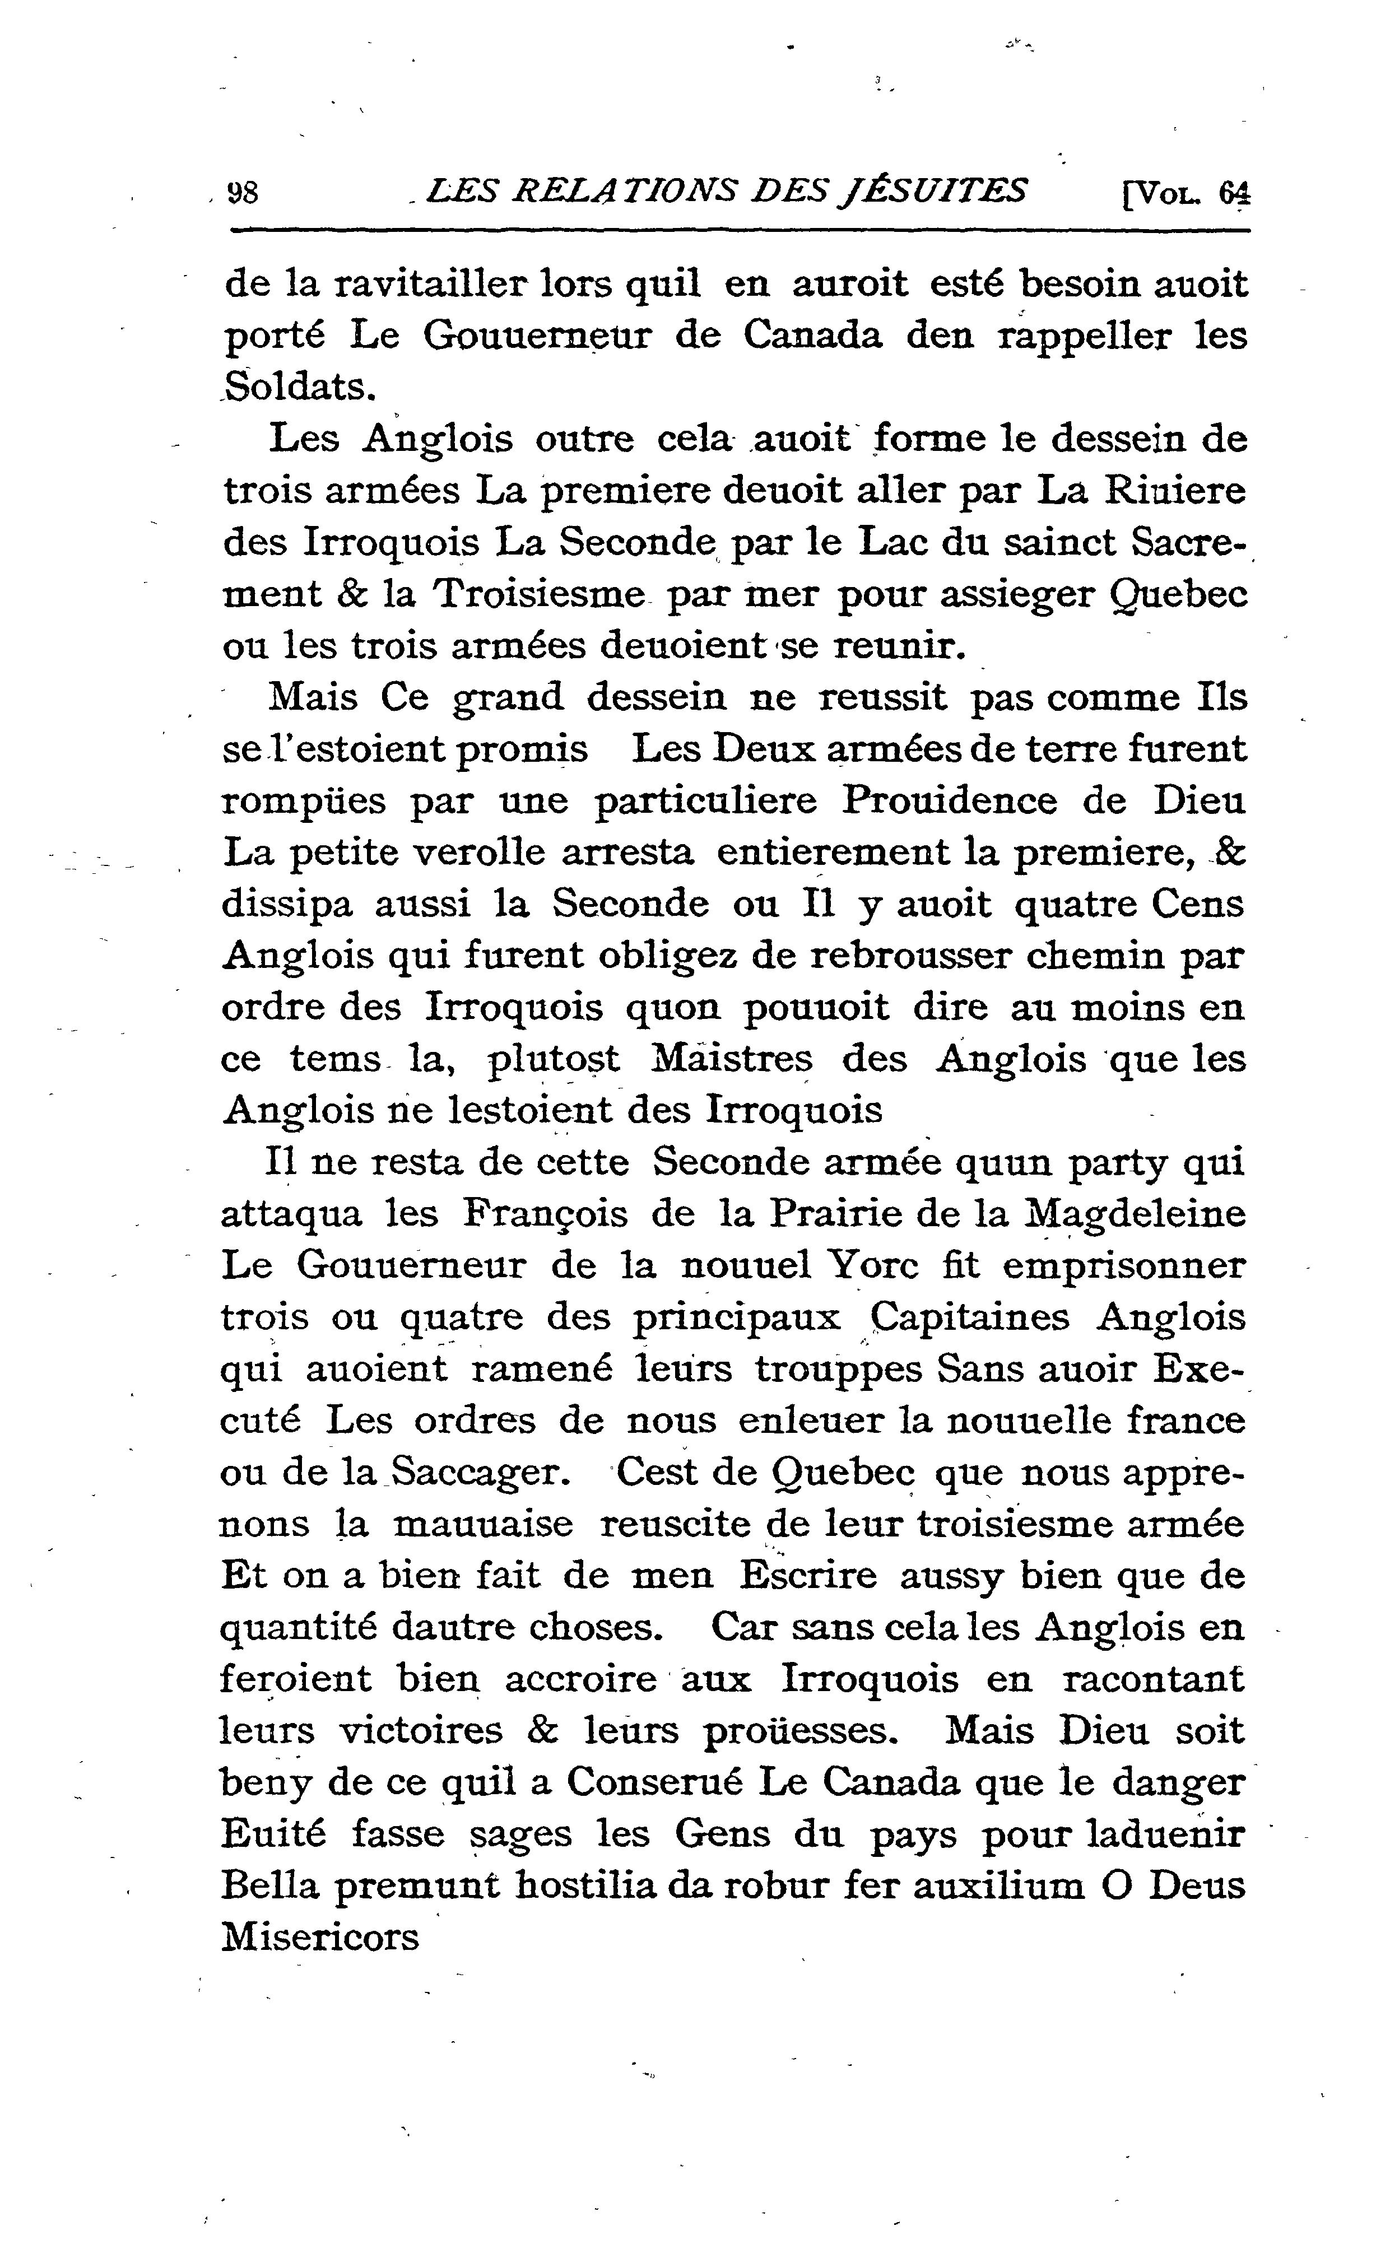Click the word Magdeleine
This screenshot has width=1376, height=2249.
(x=1135, y=1215)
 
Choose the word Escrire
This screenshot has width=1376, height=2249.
(x=808, y=1576)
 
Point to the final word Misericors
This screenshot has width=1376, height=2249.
(x=319, y=1938)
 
